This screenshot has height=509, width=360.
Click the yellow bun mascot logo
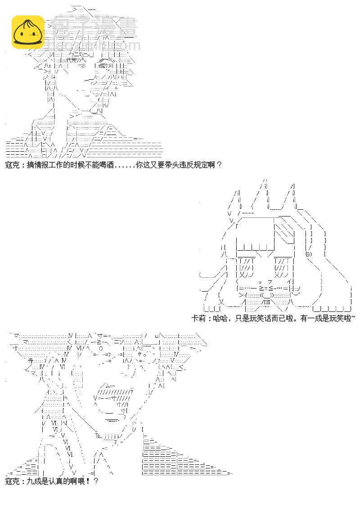coord(27,32)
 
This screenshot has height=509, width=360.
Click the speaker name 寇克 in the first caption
coord(12,165)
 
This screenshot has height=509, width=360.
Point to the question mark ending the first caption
coord(219,165)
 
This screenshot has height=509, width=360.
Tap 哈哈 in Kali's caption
coord(219,318)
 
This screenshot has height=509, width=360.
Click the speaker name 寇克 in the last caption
coord(12,482)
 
